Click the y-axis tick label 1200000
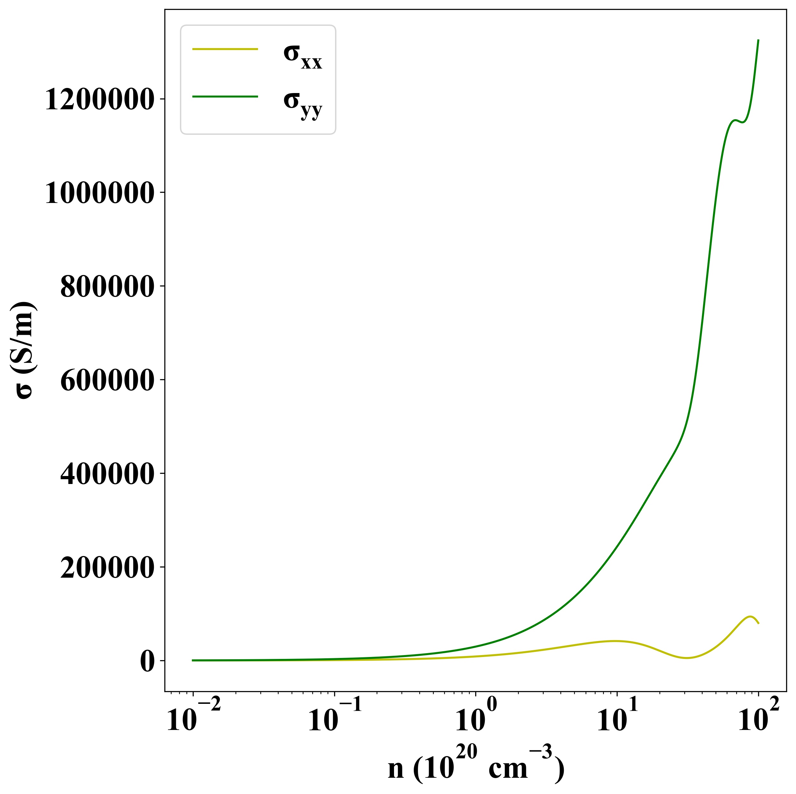click(99, 100)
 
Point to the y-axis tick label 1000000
click(99, 194)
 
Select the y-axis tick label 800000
click(107, 287)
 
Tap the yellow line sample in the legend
click(225, 49)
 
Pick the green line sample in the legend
click(225, 97)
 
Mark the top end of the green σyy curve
click(758, 40)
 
